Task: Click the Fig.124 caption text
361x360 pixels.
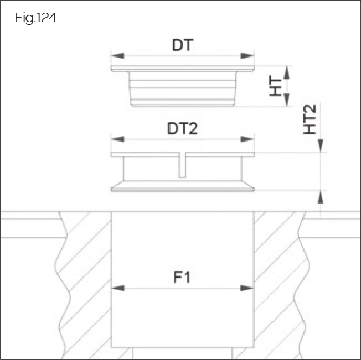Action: [35, 18]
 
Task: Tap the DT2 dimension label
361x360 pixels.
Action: [182, 128]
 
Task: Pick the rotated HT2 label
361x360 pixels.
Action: [310, 120]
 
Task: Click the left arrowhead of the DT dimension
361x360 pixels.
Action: [115, 55]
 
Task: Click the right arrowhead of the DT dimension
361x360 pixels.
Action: [250, 55]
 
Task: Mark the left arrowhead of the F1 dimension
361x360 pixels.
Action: [116, 288]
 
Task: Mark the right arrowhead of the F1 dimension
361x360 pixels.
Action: [250, 288]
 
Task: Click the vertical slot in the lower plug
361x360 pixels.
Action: [182, 166]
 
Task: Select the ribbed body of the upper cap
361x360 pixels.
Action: [182, 88]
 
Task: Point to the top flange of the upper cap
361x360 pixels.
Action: [182, 69]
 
